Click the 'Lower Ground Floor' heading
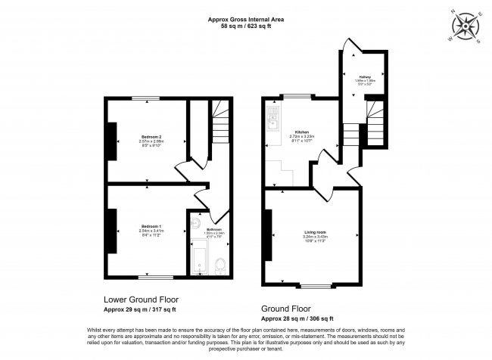(x=139, y=300)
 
